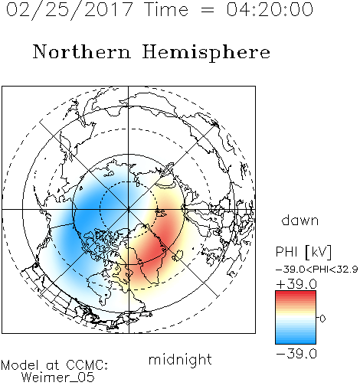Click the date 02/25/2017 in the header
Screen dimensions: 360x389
pos(70,10)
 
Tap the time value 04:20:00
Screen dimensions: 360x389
pos(270,9)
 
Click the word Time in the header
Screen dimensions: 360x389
pos(166,9)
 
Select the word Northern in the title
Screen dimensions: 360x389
pos(82,52)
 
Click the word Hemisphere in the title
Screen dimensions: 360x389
pos(206,53)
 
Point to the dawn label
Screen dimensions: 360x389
pos(300,220)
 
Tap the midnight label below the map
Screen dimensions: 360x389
pos(180,359)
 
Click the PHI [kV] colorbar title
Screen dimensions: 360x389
pos(303,252)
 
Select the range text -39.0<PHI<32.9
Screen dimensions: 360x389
pos(317,270)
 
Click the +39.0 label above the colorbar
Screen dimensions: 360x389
pos(296,284)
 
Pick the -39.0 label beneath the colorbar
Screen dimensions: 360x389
pos(296,354)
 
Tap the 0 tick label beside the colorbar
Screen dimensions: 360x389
pos(322,319)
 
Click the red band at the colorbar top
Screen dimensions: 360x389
pos(296,293)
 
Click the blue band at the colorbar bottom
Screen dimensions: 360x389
pos(296,342)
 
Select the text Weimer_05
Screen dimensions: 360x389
pos(58,378)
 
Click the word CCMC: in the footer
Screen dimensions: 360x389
pos(87,365)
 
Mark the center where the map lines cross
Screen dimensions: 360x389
pos(129,209)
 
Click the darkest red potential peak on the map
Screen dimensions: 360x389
pos(155,245)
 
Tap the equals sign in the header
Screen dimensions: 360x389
pos(208,10)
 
